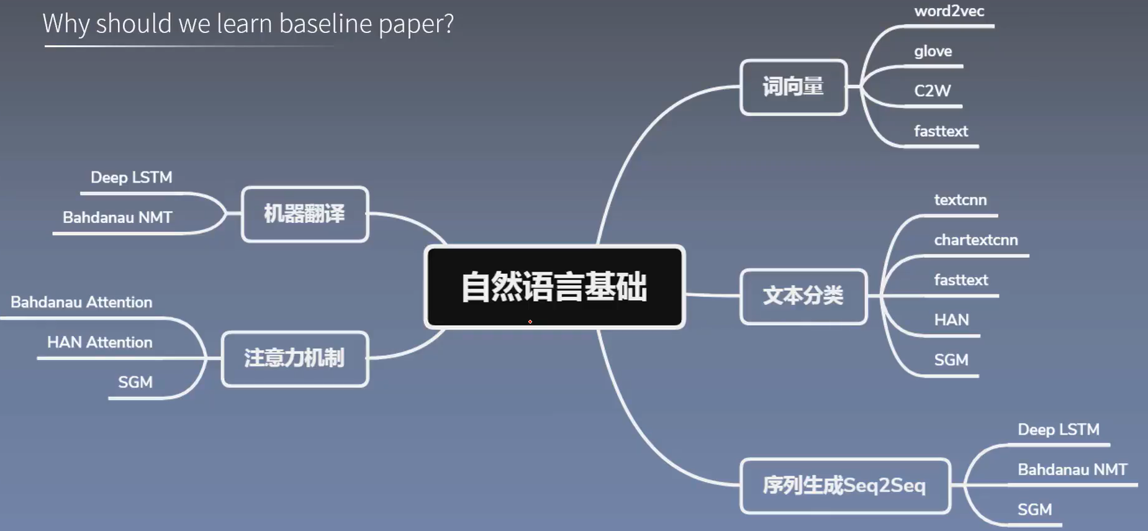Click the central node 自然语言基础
click(x=554, y=286)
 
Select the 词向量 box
click(x=793, y=87)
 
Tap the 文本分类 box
click(x=803, y=296)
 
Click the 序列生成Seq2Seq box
click(x=845, y=486)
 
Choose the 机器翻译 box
click(x=304, y=214)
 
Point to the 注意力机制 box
click(x=295, y=359)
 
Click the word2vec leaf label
click(x=949, y=11)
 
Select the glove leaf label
click(x=933, y=52)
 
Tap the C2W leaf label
click(x=932, y=91)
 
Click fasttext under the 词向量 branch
click(x=941, y=131)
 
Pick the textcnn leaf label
click(x=960, y=200)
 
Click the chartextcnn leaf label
click(x=975, y=240)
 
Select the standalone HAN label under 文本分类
click(x=951, y=320)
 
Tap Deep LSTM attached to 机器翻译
click(x=131, y=178)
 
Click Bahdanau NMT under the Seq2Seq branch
click(x=1072, y=470)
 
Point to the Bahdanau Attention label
click(x=81, y=302)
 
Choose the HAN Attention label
click(x=99, y=342)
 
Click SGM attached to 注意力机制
click(x=135, y=382)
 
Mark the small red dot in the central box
click(x=530, y=322)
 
